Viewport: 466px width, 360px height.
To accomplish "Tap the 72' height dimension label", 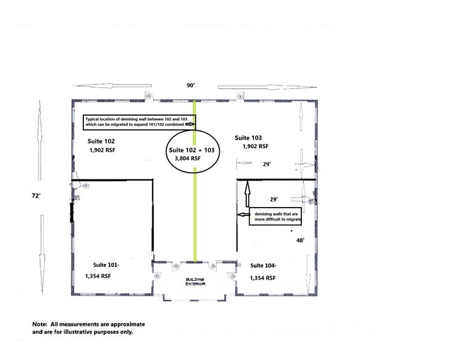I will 38,195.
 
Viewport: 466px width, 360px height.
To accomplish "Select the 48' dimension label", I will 300,241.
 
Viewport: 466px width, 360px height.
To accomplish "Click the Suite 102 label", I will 103,141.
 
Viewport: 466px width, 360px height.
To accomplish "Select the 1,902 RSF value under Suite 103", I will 254,147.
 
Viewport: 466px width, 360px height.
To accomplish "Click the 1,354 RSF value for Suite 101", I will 98,276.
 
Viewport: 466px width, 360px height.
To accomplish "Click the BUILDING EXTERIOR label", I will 195,282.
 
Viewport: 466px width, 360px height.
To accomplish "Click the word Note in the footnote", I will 41,323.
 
